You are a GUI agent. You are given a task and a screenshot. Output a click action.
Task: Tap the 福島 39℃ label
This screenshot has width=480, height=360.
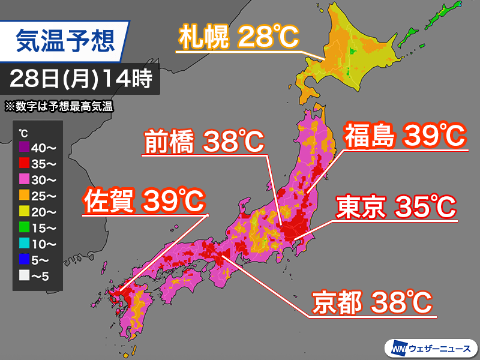[404, 136]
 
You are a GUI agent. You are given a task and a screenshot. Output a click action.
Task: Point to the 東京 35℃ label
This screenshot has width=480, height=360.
[396, 208]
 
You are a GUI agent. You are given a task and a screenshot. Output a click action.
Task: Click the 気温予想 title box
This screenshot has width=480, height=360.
[66, 42]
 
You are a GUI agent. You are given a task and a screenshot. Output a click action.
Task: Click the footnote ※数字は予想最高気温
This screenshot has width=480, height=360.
[59, 107]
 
